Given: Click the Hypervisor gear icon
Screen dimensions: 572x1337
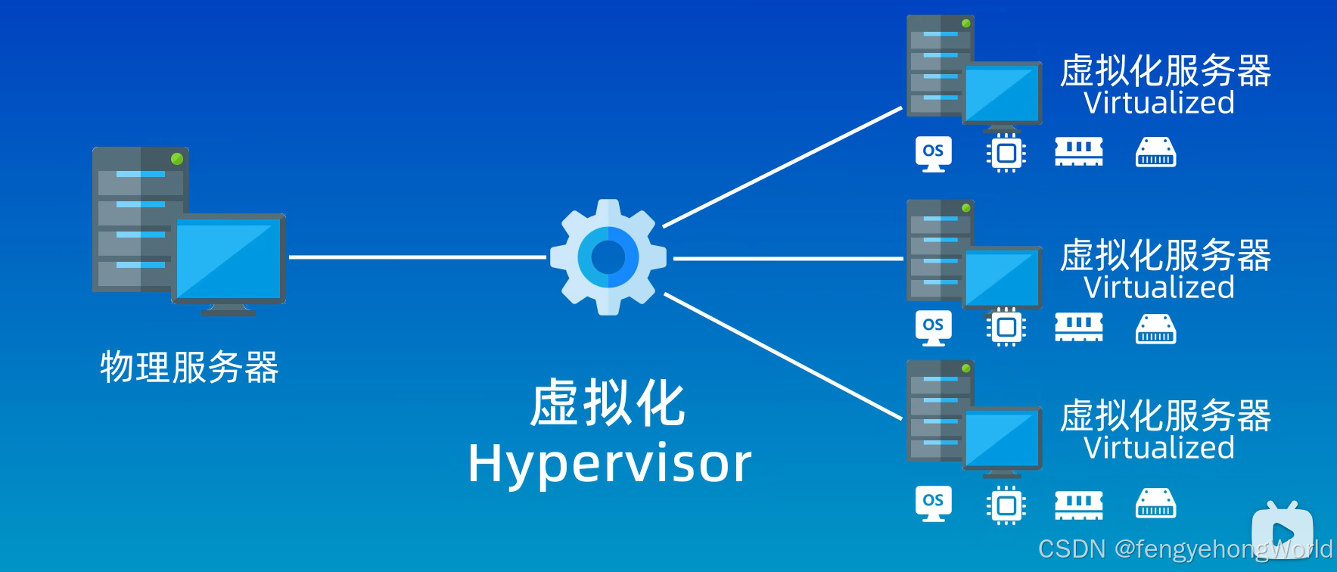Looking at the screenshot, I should (x=608, y=257).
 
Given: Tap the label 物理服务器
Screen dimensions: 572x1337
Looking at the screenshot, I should (x=189, y=368).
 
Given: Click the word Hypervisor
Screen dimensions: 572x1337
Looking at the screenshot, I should (x=609, y=463).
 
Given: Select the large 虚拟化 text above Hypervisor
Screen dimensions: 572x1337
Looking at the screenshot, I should (x=608, y=403).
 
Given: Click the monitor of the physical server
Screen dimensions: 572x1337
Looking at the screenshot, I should (x=229, y=260).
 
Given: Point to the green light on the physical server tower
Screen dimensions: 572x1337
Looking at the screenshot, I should (x=177, y=159).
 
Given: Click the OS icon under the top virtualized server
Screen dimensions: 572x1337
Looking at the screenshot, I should (x=933, y=154).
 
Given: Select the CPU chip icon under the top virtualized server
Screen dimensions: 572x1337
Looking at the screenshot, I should (x=1006, y=154).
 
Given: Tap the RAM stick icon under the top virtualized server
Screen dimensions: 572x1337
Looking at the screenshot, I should (x=1079, y=152).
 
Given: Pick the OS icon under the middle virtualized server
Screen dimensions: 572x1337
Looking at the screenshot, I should (x=933, y=328).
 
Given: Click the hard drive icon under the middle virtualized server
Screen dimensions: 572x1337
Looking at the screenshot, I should (x=1155, y=329).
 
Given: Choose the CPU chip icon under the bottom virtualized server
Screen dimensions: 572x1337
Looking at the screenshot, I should (x=1006, y=505).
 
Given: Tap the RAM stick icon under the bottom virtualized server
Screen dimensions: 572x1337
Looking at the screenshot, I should (x=1079, y=505).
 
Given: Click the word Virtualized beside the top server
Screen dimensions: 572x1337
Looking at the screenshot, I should (x=1158, y=103).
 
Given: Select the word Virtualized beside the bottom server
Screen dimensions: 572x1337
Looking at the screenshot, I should (x=1158, y=448).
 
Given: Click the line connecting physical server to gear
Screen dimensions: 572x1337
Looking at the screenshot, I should (x=416, y=257).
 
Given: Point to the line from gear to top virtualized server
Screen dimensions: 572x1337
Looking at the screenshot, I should (x=783, y=166).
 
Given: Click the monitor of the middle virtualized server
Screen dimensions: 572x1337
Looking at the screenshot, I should (x=1002, y=278).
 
